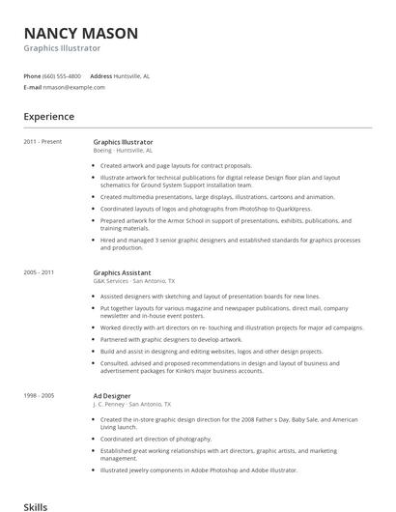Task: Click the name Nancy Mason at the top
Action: coord(80,33)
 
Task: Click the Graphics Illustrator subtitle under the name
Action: coord(62,47)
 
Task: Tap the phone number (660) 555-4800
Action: coord(62,75)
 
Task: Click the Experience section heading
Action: coord(49,117)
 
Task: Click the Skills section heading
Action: coord(36,505)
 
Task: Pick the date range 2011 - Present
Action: coord(42,142)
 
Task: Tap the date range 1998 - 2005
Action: coord(40,396)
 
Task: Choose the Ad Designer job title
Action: coord(111,396)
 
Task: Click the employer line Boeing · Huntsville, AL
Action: coord(123,151)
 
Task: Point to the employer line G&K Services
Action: coord(114,281)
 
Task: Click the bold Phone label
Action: coord(32,75)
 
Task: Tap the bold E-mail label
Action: coord(31,87)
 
